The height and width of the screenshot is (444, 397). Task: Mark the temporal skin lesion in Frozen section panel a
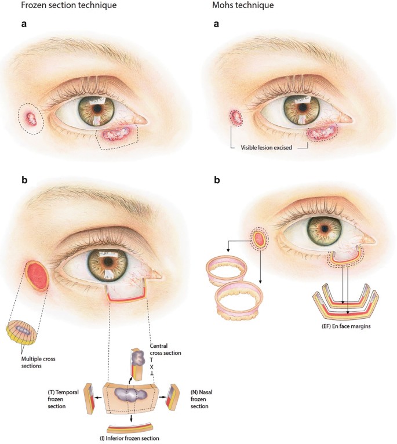[31, 119]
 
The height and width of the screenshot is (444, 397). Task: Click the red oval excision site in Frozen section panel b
[39, 276]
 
